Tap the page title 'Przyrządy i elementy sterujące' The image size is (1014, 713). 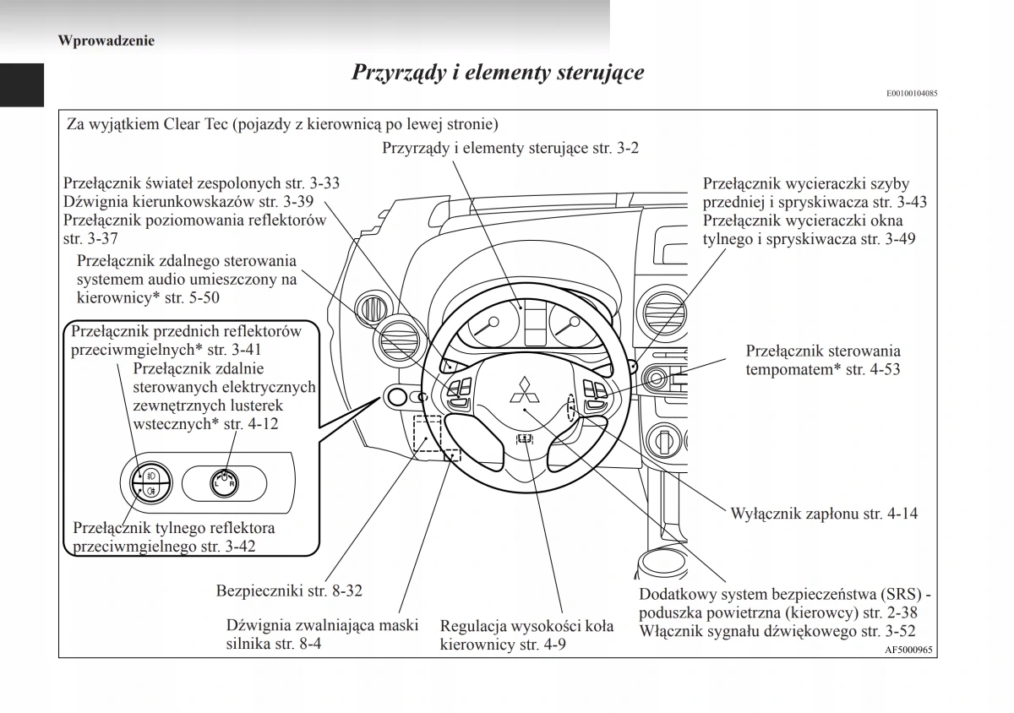click(x=498, y=72)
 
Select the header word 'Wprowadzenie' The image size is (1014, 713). click(x=106, y=40)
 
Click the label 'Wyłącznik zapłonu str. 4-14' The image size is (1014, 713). click(x=823, y=513)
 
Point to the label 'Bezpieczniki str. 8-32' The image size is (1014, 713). click(x=289, y=591)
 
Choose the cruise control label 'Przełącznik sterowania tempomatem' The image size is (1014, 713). click(x=823, y=359)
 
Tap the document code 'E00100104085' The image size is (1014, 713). click(x=912, y=94)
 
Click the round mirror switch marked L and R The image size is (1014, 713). click(x=225, y=482)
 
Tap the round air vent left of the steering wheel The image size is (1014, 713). click(x=392, y=341)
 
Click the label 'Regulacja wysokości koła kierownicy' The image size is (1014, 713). click(x=526, y=635)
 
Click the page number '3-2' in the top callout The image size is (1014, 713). click(x=626, y=148)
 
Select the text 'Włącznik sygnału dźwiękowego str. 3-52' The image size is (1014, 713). click(x=777, y=631)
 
